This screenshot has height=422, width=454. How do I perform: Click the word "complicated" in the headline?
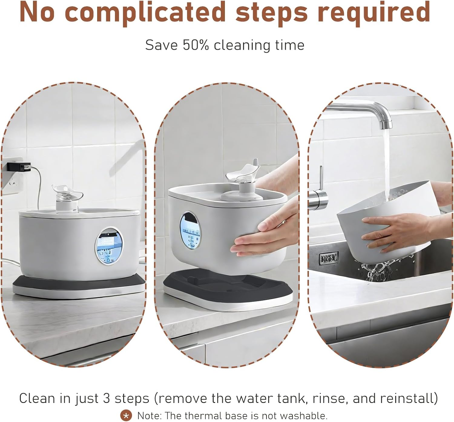click(x=145, y=12)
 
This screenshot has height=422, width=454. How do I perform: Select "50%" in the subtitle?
click(x=196, y=45)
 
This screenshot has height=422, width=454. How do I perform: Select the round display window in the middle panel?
click(x=190, y=231)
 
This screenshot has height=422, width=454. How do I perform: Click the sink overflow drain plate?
click(x=329, y=258)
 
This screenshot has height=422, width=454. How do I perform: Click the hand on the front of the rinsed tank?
click(x=393, y=230)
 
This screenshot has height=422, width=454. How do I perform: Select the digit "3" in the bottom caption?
click(x=107, y=398)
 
